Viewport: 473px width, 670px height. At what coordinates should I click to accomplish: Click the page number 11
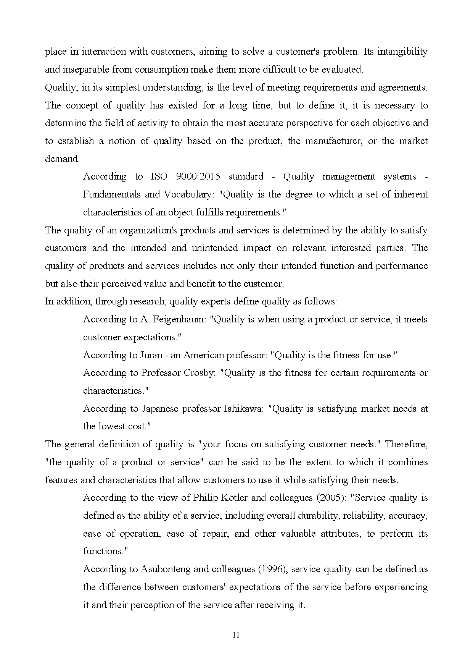(x=236, y=635)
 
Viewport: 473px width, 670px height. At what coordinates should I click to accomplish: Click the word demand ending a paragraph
(x=62, y=159)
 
